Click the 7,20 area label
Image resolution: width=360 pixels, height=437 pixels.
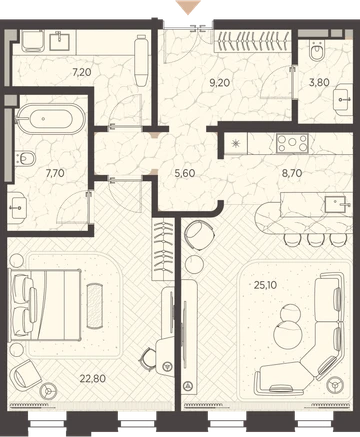coord(82,72)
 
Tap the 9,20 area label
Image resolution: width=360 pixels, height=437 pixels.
coord(220,83)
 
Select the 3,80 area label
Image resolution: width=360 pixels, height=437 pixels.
coord(319,82)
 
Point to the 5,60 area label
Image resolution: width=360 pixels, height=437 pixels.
coord(185,173)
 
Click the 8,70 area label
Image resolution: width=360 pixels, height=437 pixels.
coord(292,173)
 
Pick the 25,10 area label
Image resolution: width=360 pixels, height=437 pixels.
coord(265,285)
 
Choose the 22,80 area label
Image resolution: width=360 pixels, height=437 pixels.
coord(93,379)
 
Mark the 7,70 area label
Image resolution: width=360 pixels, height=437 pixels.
coord(55,173)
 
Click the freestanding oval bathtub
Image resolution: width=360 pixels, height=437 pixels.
coord(51,119)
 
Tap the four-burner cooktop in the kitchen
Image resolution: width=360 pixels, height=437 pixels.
coord(292,143)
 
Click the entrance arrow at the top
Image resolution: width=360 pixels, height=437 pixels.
coord(189,7)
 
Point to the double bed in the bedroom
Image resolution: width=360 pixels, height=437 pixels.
coord(46,304)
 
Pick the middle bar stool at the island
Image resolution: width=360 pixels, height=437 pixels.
coord(314,239)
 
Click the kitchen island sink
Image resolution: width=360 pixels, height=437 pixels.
coord(336,204)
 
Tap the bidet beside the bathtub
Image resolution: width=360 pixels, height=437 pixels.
coord(26,158)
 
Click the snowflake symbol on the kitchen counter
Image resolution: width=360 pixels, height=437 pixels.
coord(236,144)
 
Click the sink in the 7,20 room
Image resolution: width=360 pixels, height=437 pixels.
coord(60,41)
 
